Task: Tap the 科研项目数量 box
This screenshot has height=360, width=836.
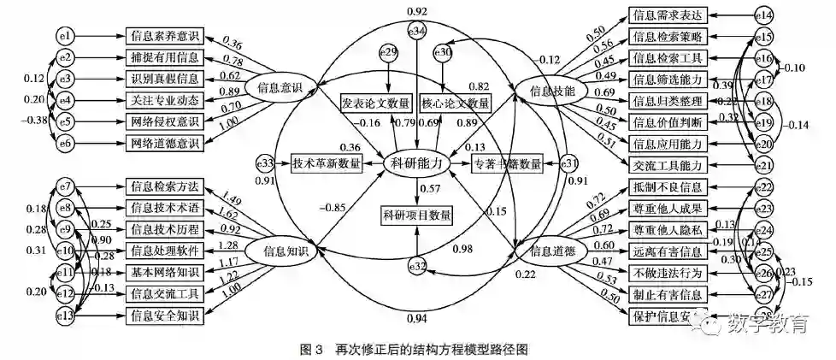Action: pos(416,215)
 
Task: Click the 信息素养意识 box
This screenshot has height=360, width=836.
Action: pos(164,36)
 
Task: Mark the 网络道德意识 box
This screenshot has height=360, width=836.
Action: pos(164,143)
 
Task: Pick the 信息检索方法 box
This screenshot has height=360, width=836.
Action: pos(164,186)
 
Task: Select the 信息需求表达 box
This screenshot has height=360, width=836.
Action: pos(666,15)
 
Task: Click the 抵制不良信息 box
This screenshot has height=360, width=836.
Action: pos(666,186)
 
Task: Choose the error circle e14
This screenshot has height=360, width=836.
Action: pos(763,15)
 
